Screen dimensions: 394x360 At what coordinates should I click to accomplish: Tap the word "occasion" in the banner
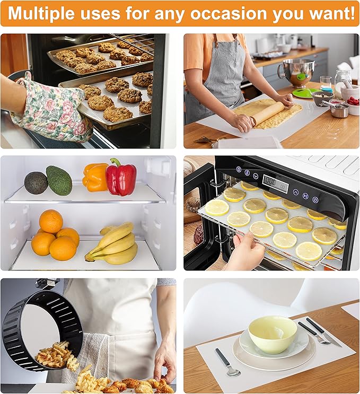click(234, 13)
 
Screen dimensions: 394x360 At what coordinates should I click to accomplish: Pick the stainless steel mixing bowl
click(295, 72)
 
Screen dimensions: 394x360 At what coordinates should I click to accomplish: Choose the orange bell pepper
click(95, 177)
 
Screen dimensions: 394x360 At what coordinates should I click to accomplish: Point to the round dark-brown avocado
click(36, 183)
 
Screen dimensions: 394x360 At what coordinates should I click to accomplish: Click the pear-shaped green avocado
click(59, 180)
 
